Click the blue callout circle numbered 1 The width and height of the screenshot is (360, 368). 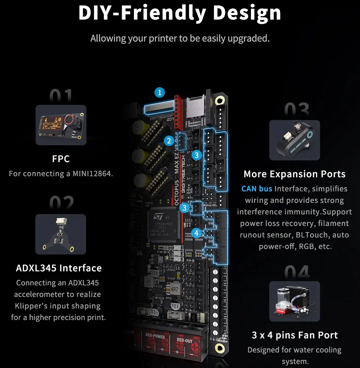click(159, 92)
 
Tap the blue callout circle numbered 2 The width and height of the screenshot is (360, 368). click(169, 141)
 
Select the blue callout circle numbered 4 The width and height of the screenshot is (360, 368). click(196, 233)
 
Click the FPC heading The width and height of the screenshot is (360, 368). click(61, 159)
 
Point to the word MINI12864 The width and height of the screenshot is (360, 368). click(93, 174)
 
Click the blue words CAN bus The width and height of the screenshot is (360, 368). click(257, 189)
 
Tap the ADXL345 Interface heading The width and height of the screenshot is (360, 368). click(59, 268)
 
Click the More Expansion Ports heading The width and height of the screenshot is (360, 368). click(294, 174)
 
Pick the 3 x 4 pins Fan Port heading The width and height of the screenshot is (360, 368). click(294, 335)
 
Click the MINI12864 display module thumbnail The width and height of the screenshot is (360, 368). click(61, 125)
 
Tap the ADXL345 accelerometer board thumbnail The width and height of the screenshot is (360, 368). click(60, 234)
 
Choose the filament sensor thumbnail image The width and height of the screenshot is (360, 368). click(294, 140)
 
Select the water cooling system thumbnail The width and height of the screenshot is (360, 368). click(294, 301)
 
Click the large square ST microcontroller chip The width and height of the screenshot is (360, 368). click(163, 226)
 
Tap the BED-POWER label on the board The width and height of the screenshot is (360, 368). click(155, 337)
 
